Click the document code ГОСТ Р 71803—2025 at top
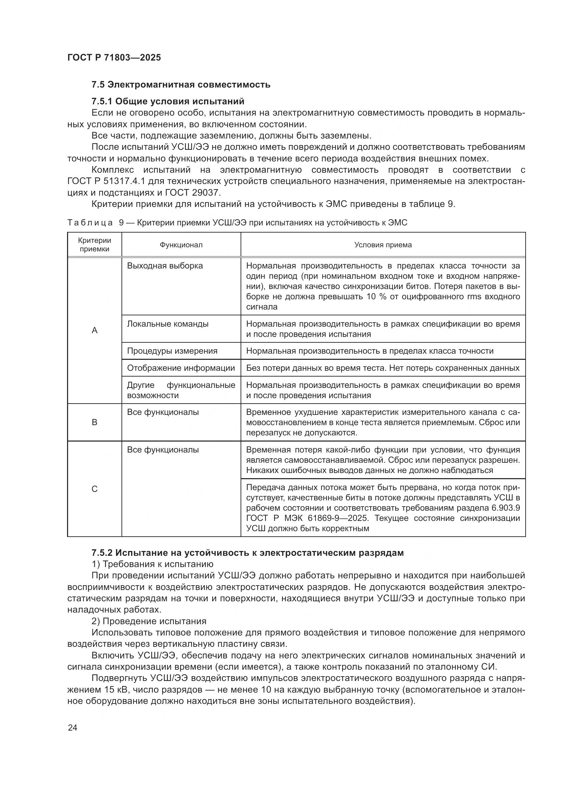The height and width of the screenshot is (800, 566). coord(114,57)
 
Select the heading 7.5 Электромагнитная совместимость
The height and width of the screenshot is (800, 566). coord(181,85)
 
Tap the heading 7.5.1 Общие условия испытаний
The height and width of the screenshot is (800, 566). coord(168,101)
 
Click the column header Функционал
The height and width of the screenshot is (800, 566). coord(181,245)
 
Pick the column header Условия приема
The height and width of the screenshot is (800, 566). coord(383,245)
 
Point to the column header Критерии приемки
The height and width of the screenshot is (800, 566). coord(94,245)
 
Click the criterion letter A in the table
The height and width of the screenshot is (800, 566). coord(94,330)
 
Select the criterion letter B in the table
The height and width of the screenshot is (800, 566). coord(94,422)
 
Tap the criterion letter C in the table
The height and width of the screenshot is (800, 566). coord(94,489)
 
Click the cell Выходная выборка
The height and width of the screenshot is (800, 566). coord(165,266)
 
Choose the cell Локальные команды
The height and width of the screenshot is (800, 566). coord(168,324)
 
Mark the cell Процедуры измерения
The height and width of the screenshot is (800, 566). coord(172,351)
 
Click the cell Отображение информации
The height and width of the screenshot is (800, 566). coord(181,368)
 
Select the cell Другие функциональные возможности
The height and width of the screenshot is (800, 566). coord(181,390)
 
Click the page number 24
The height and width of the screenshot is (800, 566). coord(73,727)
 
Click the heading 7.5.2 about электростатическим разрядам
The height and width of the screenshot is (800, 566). coord(247,553)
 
